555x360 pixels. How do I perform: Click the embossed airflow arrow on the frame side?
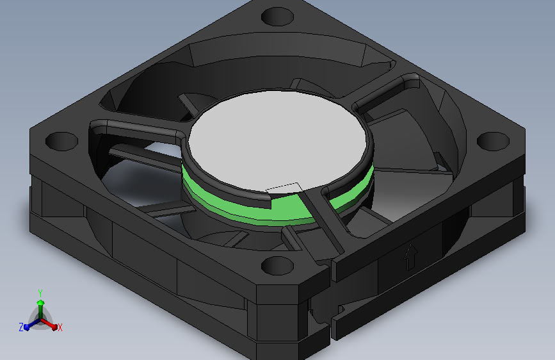click(x=410, y=258)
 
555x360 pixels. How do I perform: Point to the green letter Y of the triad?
click(x=40, y=291)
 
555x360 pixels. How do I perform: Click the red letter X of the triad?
click(x=60, y=328)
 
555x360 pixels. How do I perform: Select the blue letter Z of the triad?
click(x=21, y=327)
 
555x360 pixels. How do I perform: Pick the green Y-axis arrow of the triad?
click(x=40, y=304)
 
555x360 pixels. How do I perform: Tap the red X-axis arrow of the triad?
click(x=51, y=323)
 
